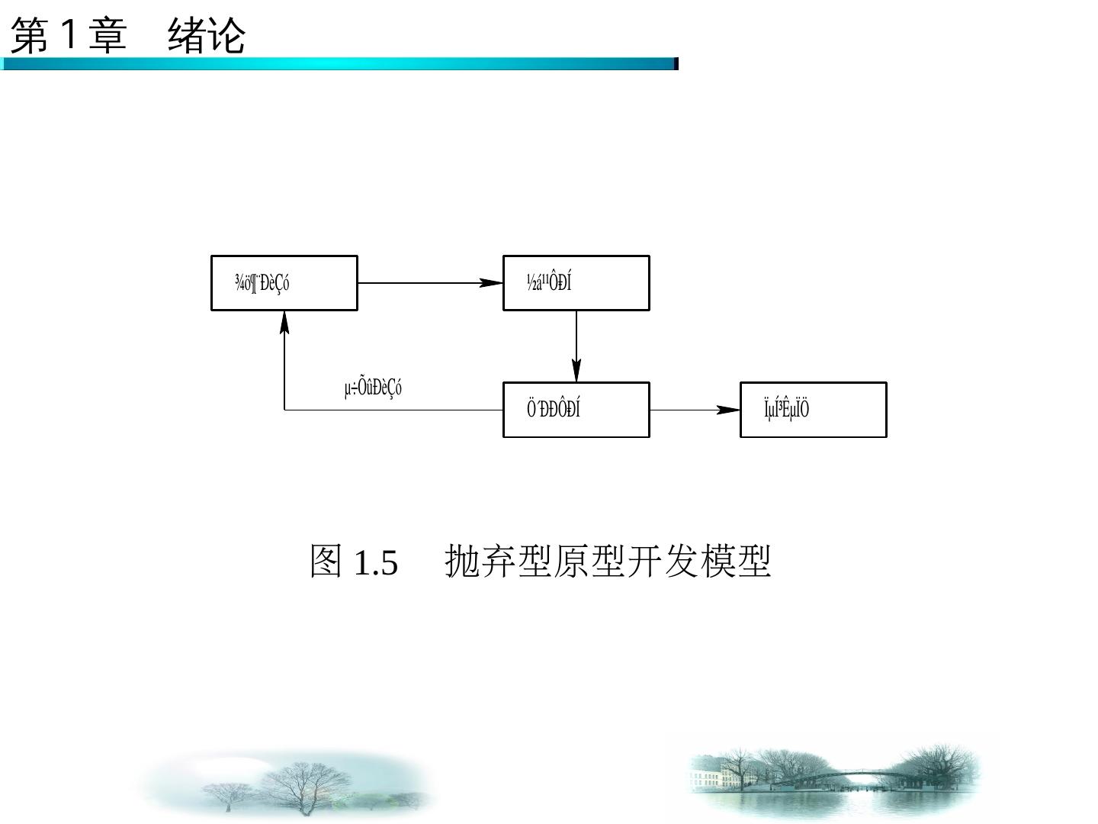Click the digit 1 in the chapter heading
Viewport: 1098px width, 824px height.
[x=69, y=35]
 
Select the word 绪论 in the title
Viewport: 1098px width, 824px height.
[x=207, y=36]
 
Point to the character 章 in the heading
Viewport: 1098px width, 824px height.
[x=107, y=36]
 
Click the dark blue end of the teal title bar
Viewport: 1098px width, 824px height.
[x=676, y=64]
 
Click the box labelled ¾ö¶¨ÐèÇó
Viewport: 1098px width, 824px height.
[x=284, y=283]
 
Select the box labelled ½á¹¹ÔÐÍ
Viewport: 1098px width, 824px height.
[x=576, y=283]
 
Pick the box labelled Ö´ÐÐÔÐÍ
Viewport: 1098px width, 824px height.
[x=576, y=410]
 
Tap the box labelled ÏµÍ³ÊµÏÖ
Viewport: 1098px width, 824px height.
[x=813, y=410]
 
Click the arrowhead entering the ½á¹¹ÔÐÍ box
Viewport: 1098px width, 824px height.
[x=492, y=283]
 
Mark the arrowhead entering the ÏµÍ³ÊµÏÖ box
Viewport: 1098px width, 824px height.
[x=729, y=410]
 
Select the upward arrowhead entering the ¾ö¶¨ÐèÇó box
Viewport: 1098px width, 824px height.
[x=284, y=322]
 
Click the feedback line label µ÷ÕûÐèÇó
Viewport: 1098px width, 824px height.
[x=373, y=388]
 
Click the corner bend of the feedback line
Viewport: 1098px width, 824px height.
[x=284, y=410]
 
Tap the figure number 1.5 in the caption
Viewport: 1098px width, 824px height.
[x=376, y=563]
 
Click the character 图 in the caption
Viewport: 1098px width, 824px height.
[x=326, y=562]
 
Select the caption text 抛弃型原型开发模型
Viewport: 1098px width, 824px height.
[x=608, y=562]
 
